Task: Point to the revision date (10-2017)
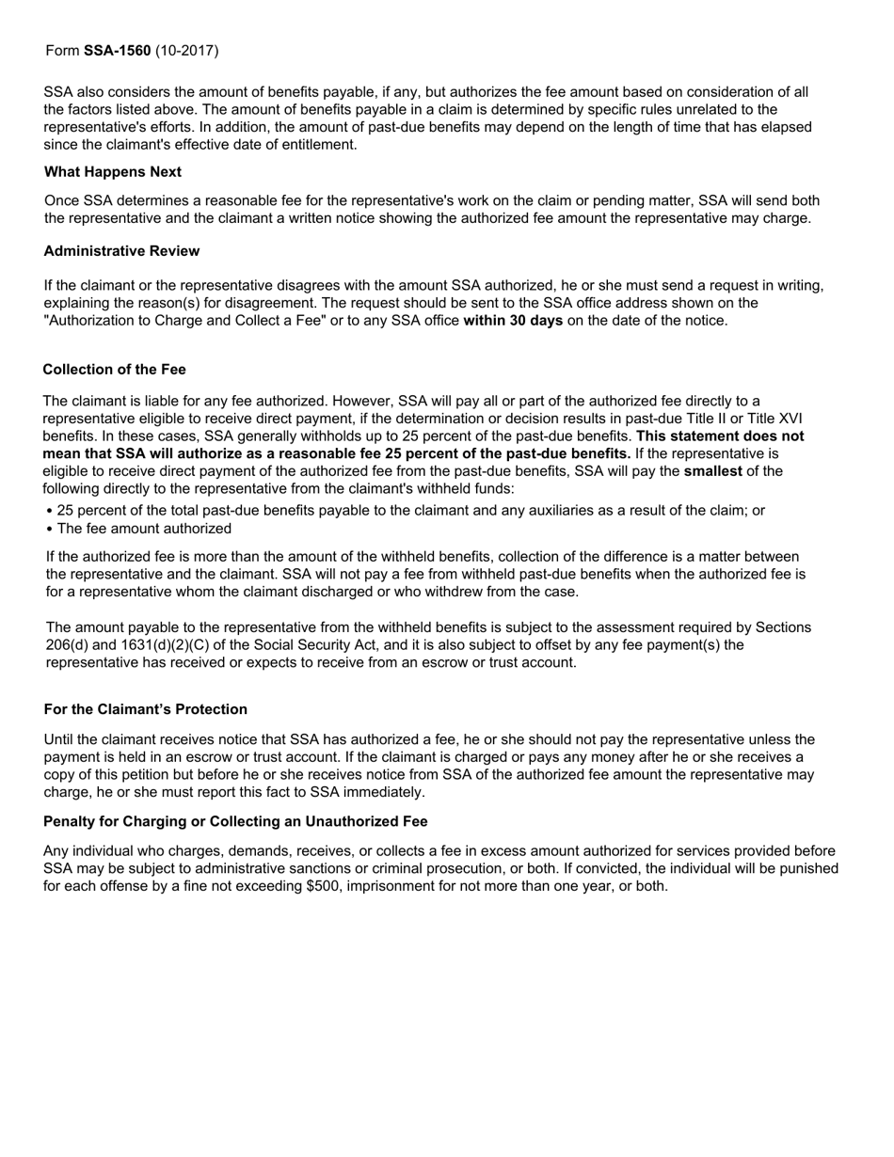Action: coord(187,50)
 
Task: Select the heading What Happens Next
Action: coord(113,172)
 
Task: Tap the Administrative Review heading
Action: coord(121,251)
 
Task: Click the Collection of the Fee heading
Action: coord(114,370)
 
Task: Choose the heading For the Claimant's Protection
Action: coord(146,709)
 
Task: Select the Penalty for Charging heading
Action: coord(235,822)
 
